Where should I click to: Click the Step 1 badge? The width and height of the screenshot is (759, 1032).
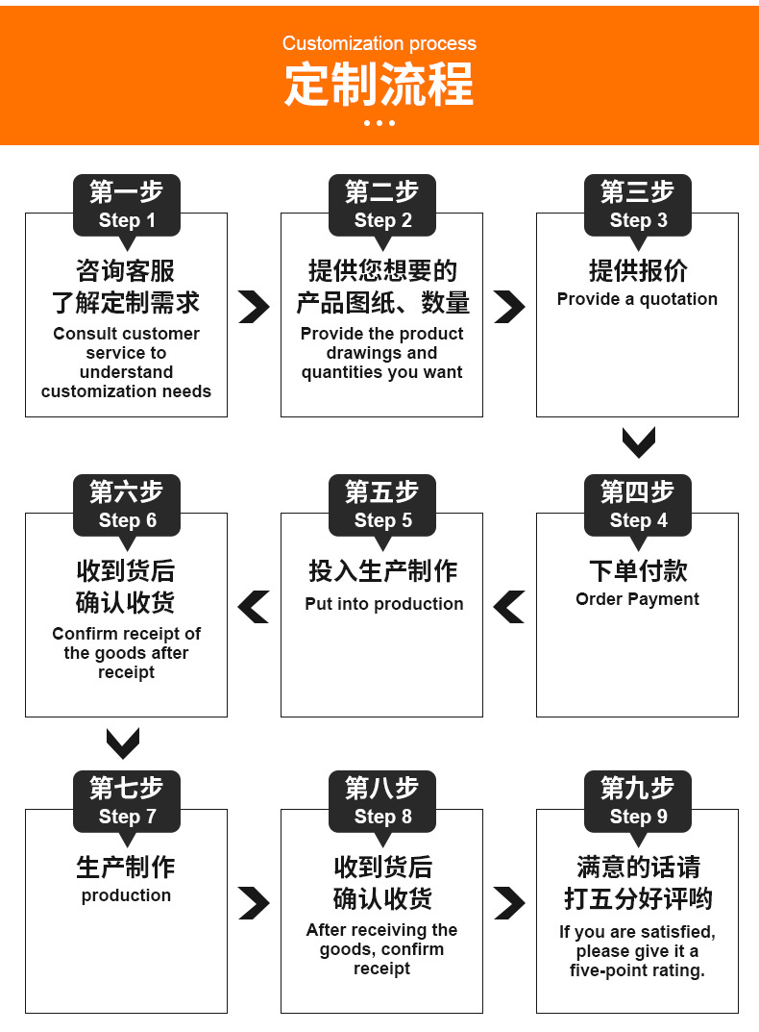click(127, 205)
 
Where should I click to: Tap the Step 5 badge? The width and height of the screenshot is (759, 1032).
click(382, 505)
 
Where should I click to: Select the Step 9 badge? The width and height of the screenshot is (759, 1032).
click(638, 801)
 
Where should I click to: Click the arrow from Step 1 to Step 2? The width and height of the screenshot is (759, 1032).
click(254, 307)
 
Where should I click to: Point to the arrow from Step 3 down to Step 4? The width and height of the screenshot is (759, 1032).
click(638, 442)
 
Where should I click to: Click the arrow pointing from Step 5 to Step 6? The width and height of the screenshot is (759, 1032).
click(254, 607)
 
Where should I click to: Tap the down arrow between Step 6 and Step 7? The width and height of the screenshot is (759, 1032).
click(123, 743)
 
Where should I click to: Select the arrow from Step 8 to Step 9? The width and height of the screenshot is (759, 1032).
click(509, 903)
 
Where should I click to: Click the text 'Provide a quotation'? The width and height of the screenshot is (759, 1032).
click(637, 299)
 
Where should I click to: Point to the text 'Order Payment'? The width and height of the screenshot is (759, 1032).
click(637, 599)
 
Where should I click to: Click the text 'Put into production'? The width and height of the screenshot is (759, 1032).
click(383, 604)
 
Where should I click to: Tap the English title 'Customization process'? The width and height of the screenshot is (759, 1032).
click(379, 43)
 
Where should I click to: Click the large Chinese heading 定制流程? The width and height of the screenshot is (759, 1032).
click(379, 85)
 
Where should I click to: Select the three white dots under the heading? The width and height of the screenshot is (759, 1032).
click(379, 123)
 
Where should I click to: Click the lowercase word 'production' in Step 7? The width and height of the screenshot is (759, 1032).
click(126, 895)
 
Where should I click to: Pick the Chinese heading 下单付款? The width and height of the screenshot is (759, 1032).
click(638, 570)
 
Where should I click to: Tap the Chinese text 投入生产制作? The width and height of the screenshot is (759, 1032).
click(382, 570)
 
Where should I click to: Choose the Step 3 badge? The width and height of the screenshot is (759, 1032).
click(638, 205)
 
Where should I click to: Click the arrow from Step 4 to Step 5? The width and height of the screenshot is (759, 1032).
click(509, 607)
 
